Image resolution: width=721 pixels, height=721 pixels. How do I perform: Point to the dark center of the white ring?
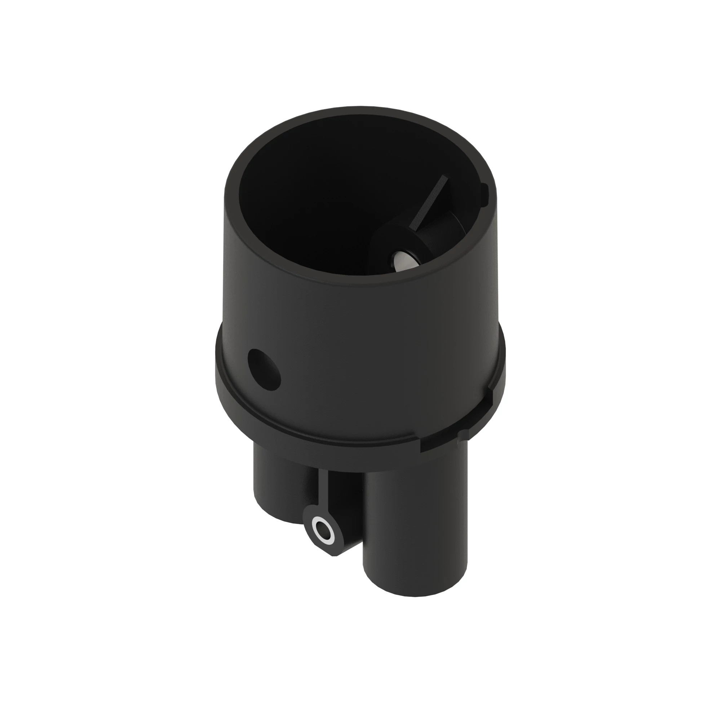(321, 530)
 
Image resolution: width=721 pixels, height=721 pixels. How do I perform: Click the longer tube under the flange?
(414, 522)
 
